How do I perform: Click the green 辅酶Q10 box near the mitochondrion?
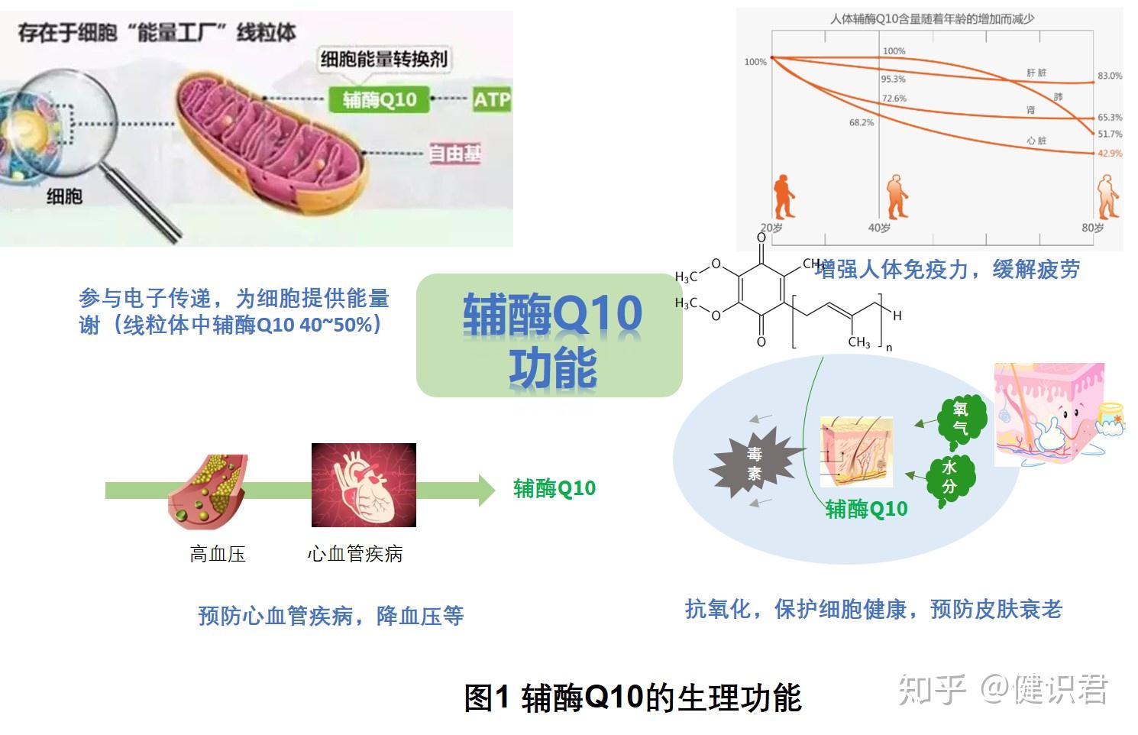pos(380,100)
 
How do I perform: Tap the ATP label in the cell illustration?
pos(491,100)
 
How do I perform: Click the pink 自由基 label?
pos(454,154)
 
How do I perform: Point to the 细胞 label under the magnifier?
pos(64,196)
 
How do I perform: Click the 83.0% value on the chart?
pos(1110,76)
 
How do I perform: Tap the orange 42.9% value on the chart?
pos(1110,154)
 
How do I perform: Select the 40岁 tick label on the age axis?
pos(879,228)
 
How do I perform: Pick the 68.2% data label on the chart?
pos(861,122)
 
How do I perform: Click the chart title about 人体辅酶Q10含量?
pos(932,19)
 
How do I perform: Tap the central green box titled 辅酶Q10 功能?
pos(549,336)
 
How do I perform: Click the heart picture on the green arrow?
pos(364,485)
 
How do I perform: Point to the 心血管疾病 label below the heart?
pos(354,554)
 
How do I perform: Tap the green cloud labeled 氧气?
pos(960,419)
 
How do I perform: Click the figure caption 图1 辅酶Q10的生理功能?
pos(632,698)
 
